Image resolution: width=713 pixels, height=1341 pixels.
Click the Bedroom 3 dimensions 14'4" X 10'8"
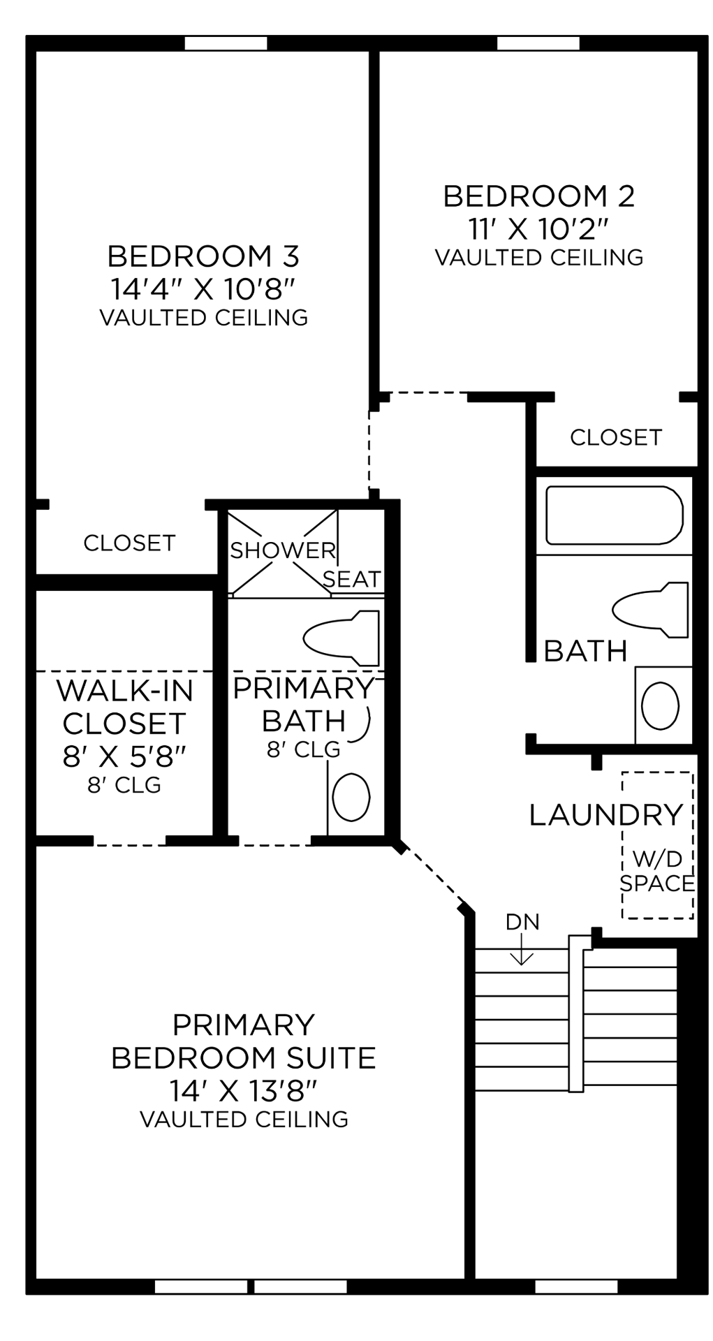tap(203, 288)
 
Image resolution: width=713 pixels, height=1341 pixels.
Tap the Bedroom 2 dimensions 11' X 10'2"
tap(539, 228)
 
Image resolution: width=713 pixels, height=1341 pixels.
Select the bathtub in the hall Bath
tap(614, 515)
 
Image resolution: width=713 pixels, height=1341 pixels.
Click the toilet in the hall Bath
tap(651, 609)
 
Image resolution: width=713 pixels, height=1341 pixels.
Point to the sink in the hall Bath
tap(660, 705)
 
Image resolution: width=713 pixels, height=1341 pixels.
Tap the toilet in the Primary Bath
tap(342, 638)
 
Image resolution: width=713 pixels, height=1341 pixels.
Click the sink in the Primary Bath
tap(351, 798)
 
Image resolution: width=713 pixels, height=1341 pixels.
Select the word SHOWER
tap(283, 550)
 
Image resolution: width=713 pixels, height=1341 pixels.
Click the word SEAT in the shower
tap(351, 579)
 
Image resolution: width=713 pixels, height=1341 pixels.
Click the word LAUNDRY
tap(605, 815)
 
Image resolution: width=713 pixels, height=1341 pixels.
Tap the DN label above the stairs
tap(522, 922)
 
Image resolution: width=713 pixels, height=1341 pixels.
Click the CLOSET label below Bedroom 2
tap(615, 437)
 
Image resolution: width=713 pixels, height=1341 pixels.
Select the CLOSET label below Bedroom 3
tap(129, 543)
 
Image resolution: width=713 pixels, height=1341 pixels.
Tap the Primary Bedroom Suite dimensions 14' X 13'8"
tap(243, 1090)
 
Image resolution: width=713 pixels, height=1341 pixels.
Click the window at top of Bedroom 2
tap(538, 43)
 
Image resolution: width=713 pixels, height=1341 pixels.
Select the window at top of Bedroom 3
tap(226, 43)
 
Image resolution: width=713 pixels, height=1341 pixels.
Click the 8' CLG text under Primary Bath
tap(303, 749)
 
